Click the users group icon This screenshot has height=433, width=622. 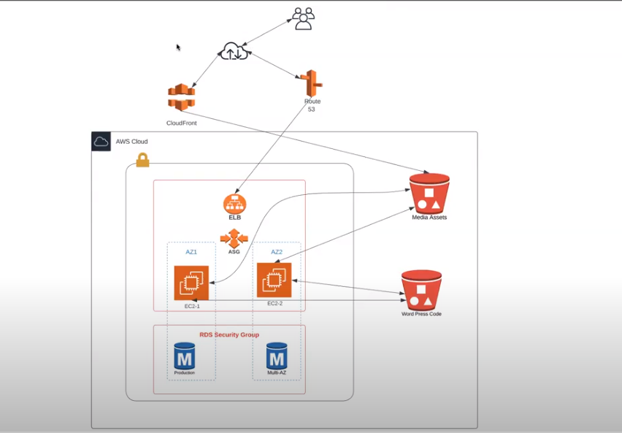coord(304,18)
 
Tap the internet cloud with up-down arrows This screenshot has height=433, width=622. coord(235,51)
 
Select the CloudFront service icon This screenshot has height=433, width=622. coord(182,97)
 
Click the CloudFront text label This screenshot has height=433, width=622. coord(181,123)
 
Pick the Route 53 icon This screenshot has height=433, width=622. coord(312,83)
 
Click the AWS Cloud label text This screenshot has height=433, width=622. coord(131,142)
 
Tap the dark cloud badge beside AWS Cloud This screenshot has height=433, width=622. coord(101,142)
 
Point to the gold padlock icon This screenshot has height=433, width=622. coord(143,160)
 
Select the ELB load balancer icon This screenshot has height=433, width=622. coord(235,204)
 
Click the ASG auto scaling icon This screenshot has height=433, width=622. coord(234,239)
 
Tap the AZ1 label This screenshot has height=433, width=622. coord(191,252)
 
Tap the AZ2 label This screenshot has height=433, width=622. coord(277,252)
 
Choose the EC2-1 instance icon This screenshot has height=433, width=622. coord(191,283)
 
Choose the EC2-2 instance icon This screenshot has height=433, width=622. coord(274,280)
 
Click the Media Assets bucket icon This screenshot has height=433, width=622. coord(429,193)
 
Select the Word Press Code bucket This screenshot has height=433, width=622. coord(421,290)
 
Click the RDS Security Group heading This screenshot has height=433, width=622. coord(229,334)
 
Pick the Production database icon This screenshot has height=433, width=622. coord(185,356)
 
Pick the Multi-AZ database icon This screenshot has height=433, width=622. coord(277,356)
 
